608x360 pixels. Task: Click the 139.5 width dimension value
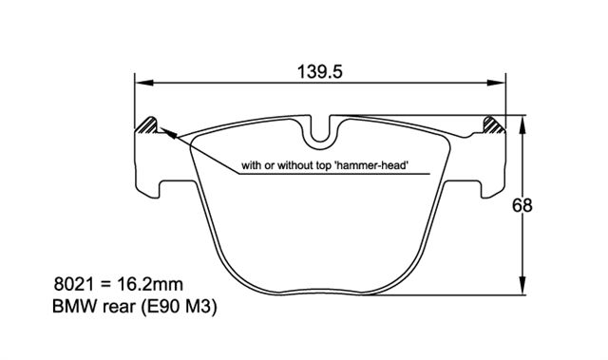[x=320, y=71]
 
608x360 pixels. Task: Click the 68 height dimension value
[x=522, y=205]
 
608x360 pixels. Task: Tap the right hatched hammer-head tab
[x=494, y=125]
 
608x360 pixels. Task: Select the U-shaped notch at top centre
[x=320, y=138]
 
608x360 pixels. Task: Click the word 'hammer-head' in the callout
[x=371, y=166]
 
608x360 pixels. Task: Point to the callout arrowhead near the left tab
[x=168, y=133]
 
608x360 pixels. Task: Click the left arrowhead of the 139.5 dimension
[x=144, y=83]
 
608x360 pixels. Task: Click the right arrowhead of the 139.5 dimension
[x=496, y=83]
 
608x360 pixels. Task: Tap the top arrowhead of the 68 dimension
[x=522, y=124]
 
